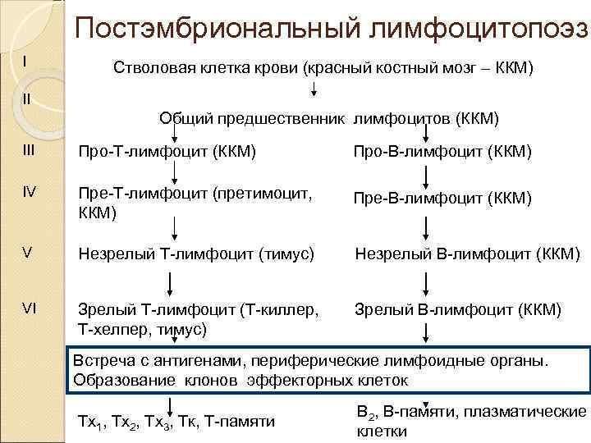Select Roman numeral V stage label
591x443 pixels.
[x=27, y=253]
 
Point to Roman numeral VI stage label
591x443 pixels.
[x=28, y=310]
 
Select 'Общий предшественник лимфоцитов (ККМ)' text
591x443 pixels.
[x=328, y=118]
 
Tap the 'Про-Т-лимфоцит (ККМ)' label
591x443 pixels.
[x=166, y=152]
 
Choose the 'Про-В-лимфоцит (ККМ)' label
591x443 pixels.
[x=442, y=152]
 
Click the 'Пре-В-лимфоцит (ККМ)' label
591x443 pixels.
[x=442, y=199]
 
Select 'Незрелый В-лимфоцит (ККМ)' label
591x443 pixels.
[x=467, y=253]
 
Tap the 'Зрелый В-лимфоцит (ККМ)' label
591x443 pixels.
[x=458, y=310]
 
